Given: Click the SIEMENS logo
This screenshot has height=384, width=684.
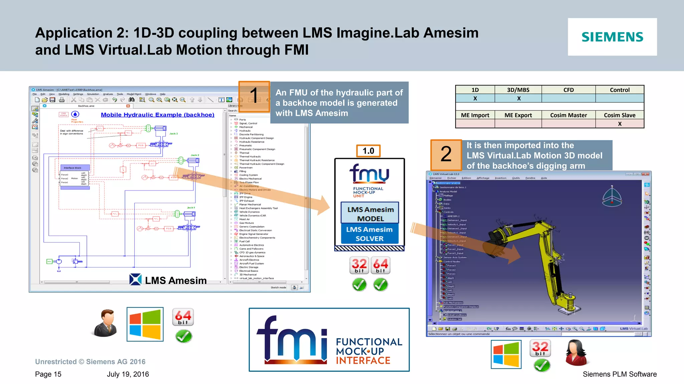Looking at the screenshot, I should (x=612, y=37).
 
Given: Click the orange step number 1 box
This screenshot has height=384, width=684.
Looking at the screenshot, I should (x=254, y=96).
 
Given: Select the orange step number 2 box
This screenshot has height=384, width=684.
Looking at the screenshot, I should (x=446, y=155).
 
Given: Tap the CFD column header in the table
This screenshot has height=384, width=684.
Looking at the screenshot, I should (x=568, y=90).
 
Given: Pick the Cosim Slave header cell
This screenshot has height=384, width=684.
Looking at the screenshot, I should (x=620, y=115).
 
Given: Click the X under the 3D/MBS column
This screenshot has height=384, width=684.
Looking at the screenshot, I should (x=519, y=98).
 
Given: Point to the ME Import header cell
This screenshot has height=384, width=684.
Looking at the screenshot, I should (x=475, y=115).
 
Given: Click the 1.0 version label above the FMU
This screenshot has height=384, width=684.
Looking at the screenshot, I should (x=368, y=151).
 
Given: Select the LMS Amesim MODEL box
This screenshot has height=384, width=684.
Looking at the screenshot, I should (x=370, y=214).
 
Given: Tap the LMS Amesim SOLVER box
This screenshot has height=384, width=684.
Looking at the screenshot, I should (x=369, y=234).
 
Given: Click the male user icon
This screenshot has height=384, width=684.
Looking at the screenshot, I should (x=106, y=323).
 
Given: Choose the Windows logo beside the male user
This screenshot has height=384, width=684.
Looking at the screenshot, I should (x=145, y=324).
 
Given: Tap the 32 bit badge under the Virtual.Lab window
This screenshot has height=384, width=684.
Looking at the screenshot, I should (x=540, y=348).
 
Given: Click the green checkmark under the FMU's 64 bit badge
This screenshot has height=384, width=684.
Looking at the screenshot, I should (x=380, y=285).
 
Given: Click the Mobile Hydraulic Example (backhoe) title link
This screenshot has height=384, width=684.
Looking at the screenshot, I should (x=158, y=115).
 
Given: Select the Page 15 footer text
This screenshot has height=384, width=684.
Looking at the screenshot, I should (x=48, y=374).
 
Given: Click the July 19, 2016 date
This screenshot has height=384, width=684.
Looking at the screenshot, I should (x=128, y=374).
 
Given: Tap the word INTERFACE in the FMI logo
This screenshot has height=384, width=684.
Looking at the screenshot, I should (x=363, y=361).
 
